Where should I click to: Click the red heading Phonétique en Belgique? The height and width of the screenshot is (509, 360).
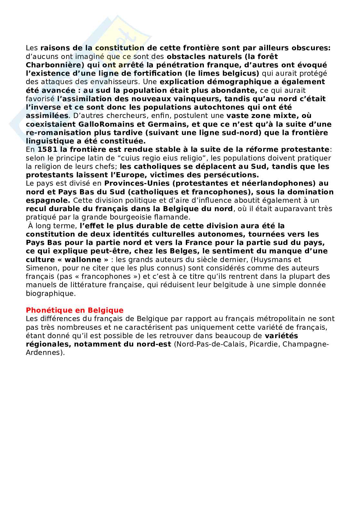[75, 310]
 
